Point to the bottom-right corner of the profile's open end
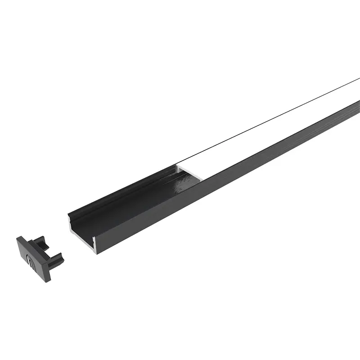point(95,252)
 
